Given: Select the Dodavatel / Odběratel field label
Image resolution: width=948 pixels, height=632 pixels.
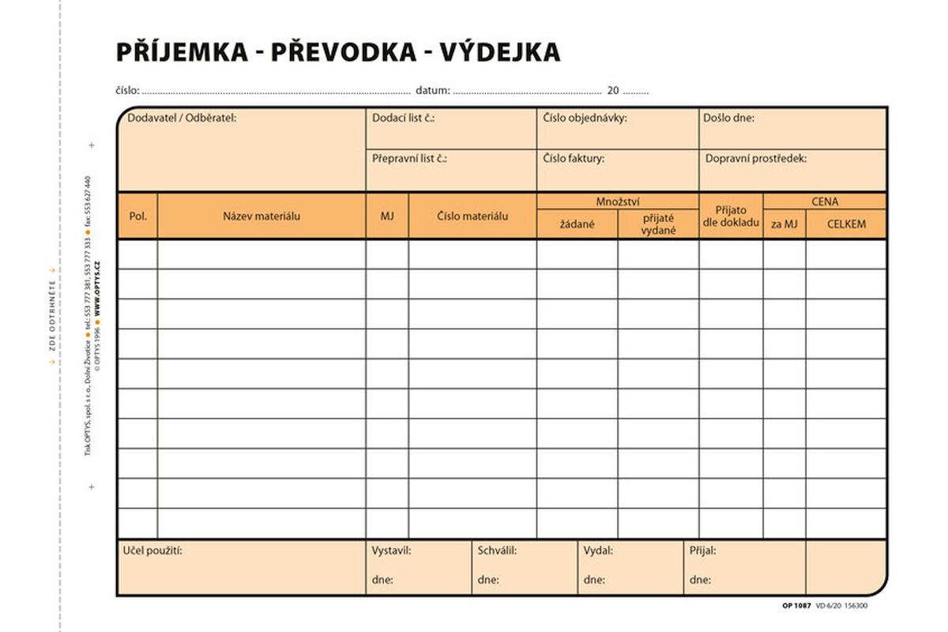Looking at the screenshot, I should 182,118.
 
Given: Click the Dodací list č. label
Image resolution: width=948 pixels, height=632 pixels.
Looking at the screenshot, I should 404,118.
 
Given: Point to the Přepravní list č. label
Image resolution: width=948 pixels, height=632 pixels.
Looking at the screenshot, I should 410,159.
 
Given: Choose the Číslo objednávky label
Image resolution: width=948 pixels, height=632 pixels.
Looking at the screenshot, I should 585,118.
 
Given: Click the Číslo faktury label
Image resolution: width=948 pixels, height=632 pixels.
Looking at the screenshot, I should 574,159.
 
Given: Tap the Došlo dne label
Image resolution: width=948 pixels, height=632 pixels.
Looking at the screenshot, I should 728,118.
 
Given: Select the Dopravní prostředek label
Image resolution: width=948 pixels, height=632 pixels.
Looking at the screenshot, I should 756,159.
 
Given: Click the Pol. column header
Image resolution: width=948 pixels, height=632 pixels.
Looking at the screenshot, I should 137,216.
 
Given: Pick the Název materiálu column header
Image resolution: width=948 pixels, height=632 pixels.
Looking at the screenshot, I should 261,216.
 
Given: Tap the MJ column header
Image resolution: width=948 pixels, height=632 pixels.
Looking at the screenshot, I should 387,216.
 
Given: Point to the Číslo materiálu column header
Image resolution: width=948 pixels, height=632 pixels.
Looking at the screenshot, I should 472,216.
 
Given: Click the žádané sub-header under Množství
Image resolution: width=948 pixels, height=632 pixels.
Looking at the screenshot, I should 577,224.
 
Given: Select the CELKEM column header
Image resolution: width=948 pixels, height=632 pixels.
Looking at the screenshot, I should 846,224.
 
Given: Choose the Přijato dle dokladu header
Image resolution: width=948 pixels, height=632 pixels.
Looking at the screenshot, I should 731,216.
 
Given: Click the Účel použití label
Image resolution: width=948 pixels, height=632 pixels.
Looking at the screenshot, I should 152,551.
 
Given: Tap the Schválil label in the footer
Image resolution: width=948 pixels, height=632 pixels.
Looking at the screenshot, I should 497,551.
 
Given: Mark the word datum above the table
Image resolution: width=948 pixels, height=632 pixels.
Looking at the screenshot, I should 433,91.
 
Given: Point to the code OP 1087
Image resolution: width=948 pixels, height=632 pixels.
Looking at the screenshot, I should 796,605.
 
